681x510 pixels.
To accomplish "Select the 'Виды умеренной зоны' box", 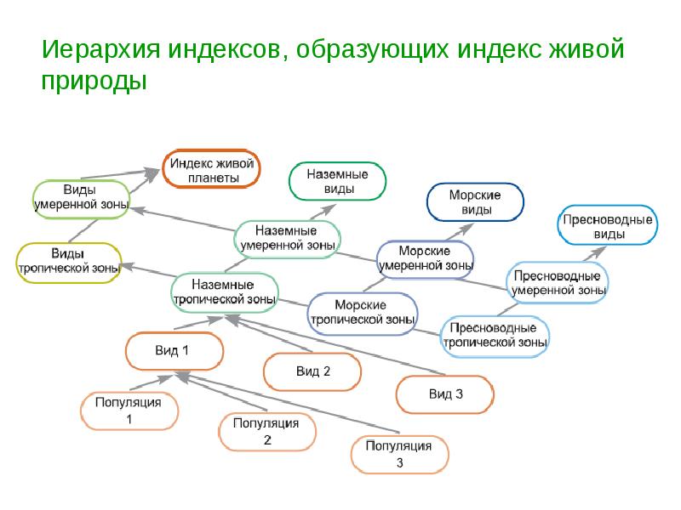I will pyautogui.click(x=81, y=196).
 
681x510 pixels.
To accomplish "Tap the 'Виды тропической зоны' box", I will pyautogui.click(x=69, y=260).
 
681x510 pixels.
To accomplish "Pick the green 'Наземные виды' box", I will pyautogui.click(x=337, y=181).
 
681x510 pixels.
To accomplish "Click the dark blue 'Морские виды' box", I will pyautogui.click(x=474, y=202).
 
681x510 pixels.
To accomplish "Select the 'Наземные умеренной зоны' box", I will pyautogui.click(x=287, y=237).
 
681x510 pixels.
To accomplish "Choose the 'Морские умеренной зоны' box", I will pyautogui.click(x=425, y=258).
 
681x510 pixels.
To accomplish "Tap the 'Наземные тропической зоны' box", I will pyautogui.click(x=225, y=292).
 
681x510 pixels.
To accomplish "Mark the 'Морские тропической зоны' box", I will pyautogui.click(x=363, y=312).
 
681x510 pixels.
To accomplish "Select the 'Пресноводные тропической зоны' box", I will pyautogui.click(x=494, y=335).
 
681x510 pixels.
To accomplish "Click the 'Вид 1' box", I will pyautogui.click(x=175, y=350).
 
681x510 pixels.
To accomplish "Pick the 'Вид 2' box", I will pyautogui.click(x=312, y=371).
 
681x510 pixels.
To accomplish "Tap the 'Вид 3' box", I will pyautogui.click(x=444, y=394).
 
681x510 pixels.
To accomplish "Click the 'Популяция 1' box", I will pyautogui.click(x=129, y=411).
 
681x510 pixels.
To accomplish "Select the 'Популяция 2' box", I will pyautogui.click(x=267, y=431).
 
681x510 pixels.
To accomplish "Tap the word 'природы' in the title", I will pyautogui.click(x=94, y=82).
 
